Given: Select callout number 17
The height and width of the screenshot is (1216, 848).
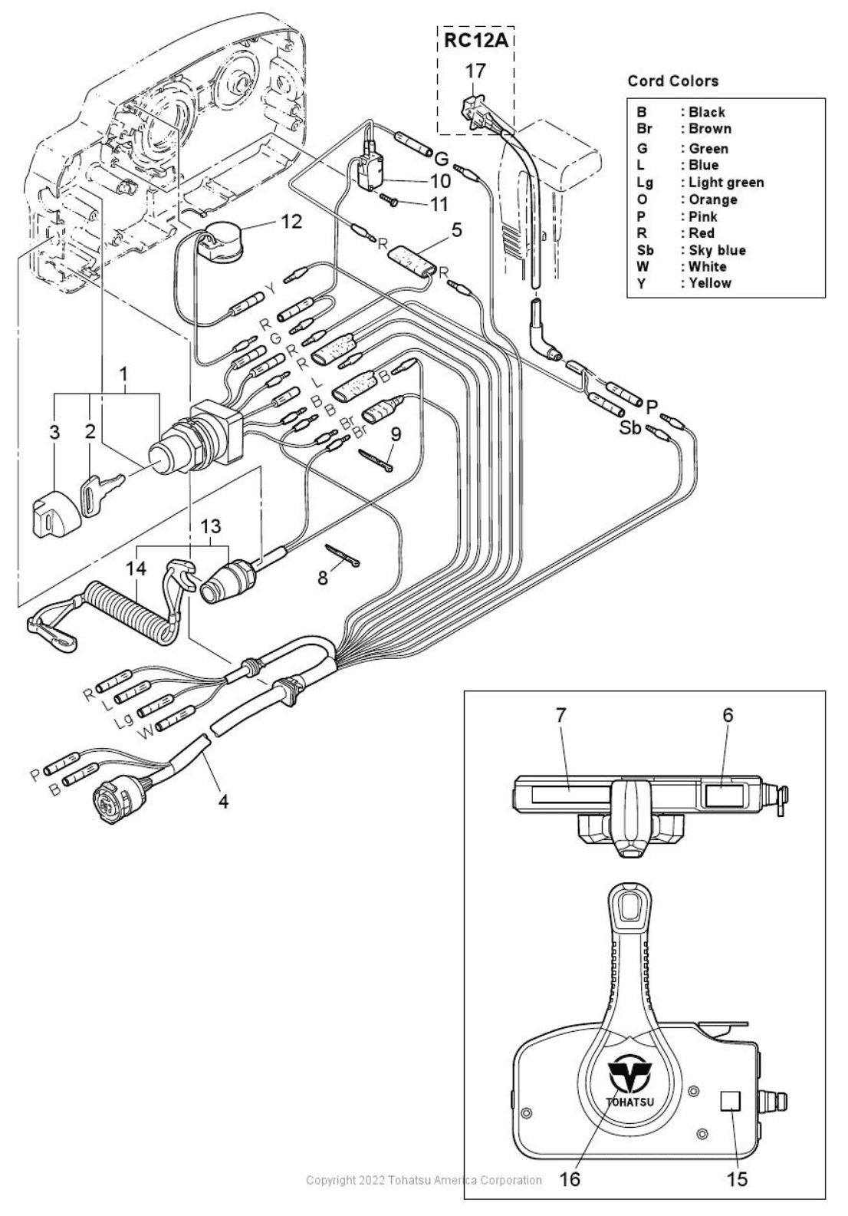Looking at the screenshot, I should tap(475, 71).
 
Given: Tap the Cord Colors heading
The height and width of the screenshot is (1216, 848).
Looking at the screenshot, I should tap(672, 81).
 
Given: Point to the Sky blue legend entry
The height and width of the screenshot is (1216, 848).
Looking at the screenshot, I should tap(716, 250).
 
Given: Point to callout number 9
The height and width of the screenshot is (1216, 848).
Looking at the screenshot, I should tap(396, 433).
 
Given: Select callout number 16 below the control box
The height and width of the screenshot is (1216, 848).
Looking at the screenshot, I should tap(570, 1179).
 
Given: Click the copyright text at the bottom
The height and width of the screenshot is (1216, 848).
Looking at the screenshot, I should tap(423, 1180).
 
